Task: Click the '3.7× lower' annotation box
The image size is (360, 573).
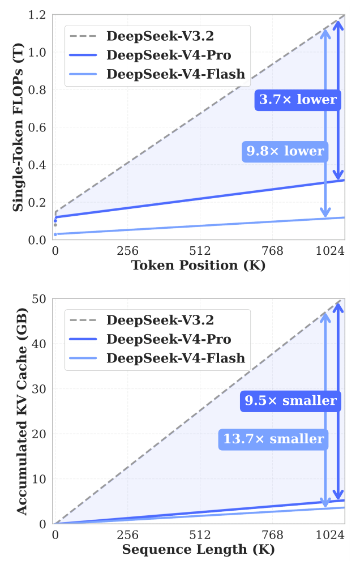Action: click(298, 100)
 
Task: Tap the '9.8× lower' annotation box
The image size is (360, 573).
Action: click(285, 151)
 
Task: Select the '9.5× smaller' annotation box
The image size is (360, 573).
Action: click(290, 401)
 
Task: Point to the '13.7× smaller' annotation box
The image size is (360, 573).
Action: click(273, 439)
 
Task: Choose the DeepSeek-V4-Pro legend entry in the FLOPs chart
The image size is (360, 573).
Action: click(169, 55)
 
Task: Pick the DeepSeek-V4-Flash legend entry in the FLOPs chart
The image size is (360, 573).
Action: click(175, 74)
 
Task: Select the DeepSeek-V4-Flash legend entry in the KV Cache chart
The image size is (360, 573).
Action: click(175, 357)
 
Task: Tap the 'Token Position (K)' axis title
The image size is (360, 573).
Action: click(199, 265)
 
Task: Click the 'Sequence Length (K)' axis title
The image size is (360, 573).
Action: click(199, 549)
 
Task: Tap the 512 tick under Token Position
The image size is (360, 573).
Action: click(200, 251)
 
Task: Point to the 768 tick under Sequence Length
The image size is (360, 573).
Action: click(272, 534)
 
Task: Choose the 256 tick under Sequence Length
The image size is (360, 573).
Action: click(127, 534)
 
